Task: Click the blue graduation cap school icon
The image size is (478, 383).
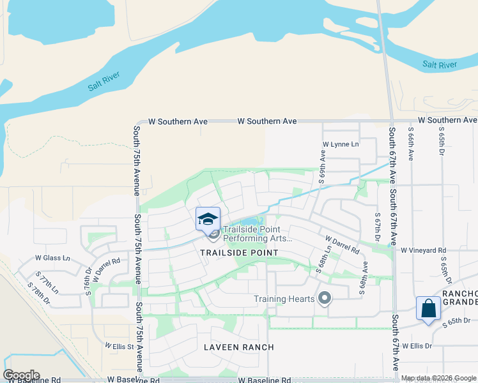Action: click(x=208, y=219)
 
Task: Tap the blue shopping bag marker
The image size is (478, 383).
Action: click(x=428, y=308)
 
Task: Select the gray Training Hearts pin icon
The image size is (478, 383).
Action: click(x=325, y=298)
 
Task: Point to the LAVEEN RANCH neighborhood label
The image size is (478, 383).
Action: click(x=238, y=347)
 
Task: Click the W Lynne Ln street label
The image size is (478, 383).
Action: click(x=341, y=144)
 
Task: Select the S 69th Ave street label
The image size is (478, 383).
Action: click(x=323, y=165)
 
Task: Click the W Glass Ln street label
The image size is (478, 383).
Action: click(x=52, y=257)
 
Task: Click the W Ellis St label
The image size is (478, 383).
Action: click(x=120, y=346)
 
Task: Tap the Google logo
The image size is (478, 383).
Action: click(x=21, y=375)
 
